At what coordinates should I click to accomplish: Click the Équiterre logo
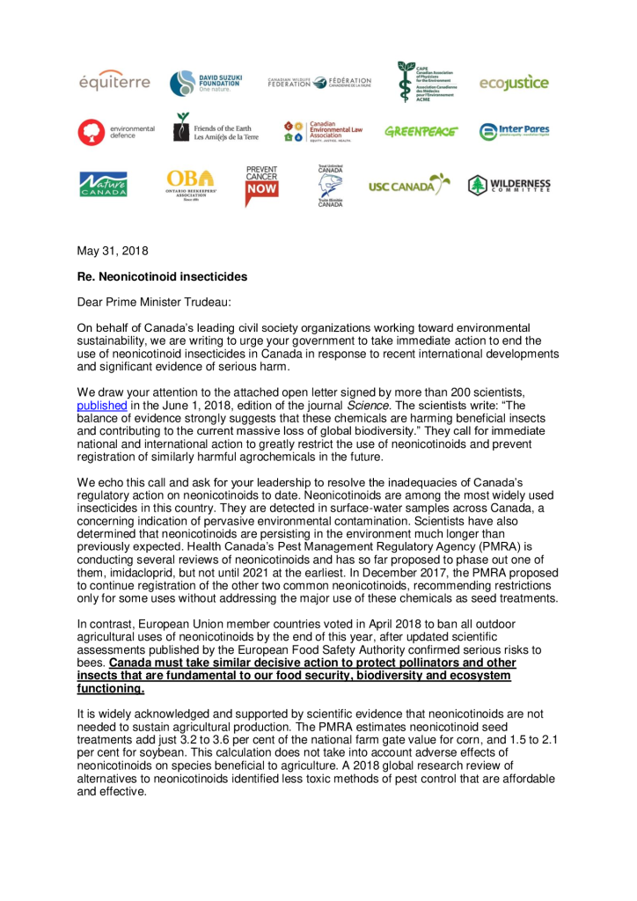coord(115,83)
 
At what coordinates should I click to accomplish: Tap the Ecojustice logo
coord(514,83)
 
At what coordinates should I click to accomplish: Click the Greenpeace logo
coord(421,131)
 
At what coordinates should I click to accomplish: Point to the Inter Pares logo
coord(514,131)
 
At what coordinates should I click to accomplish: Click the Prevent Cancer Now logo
coord(261,185)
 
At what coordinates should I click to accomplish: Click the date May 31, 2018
coord(113,251)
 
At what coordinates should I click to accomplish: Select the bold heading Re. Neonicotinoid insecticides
coord(162,276)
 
